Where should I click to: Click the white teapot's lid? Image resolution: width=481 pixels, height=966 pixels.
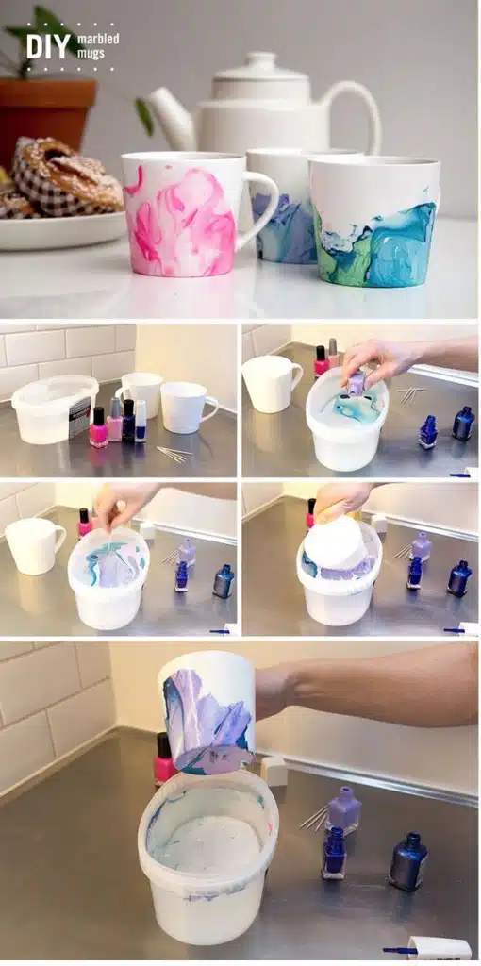click(261, 67)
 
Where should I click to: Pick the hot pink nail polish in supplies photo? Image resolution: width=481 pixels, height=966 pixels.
click(98, 427)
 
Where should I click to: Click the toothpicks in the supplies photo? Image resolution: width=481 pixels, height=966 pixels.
click(174, 454)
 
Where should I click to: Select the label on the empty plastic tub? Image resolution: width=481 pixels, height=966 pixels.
click(79, 417)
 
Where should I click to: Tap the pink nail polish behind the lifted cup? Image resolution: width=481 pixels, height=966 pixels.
click(164, 758)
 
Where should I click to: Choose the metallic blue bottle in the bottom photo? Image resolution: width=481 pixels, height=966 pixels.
click(407, 860)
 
